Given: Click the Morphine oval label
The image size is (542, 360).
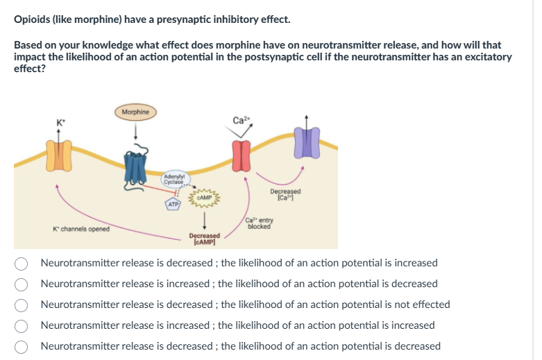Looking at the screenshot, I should [x=135, y=112].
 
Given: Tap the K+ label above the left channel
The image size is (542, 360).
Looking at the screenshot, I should [x=60, y=123].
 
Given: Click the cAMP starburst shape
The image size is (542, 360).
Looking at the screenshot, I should [x=204, y=197].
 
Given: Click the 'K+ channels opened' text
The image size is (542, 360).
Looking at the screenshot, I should [x=81, y=229].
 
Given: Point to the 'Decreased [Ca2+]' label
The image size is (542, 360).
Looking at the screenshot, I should [x=285, y=194].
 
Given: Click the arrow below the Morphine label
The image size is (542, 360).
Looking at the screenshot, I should [x=136, y=129].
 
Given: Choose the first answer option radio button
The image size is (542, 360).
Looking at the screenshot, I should [x=23, y=264].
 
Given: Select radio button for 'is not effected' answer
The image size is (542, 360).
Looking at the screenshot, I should [x=23, y=305].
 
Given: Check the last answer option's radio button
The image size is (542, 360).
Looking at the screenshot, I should [x=23, y=347].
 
